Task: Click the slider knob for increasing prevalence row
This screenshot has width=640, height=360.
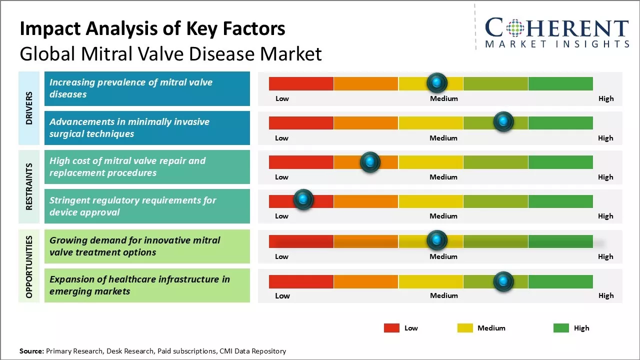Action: pos(437,82)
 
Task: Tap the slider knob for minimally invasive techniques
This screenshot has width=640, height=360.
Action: pos(503,122)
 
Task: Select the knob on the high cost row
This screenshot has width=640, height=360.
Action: pos(370,161)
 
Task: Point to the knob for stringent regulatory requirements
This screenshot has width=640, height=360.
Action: pos(303,200)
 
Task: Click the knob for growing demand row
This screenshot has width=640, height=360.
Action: pos(437,240)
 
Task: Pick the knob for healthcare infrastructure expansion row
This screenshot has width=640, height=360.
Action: pos(503,281)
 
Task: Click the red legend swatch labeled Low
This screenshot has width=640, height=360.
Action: pos(391,328)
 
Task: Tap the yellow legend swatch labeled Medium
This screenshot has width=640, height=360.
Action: pos(465,328)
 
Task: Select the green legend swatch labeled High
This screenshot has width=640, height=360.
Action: pos(561,328)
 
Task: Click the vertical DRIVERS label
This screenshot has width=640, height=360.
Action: pos(29,107)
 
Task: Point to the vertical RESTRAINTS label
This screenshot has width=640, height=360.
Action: pos(29,186)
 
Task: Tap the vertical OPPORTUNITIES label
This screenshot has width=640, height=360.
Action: pos(29,266)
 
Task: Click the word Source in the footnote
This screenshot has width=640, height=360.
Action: pos(32,351)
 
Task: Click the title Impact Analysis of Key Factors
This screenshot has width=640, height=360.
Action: pos(152,28)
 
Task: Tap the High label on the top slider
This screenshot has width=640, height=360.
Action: pos(606,98)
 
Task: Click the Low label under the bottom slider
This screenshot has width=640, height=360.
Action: pos(282,295)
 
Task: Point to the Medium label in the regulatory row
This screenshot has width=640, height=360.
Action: pos(443,216)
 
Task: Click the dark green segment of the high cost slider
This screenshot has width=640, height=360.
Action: pos(560,162)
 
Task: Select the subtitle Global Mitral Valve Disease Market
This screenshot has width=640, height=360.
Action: pos(170,53)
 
